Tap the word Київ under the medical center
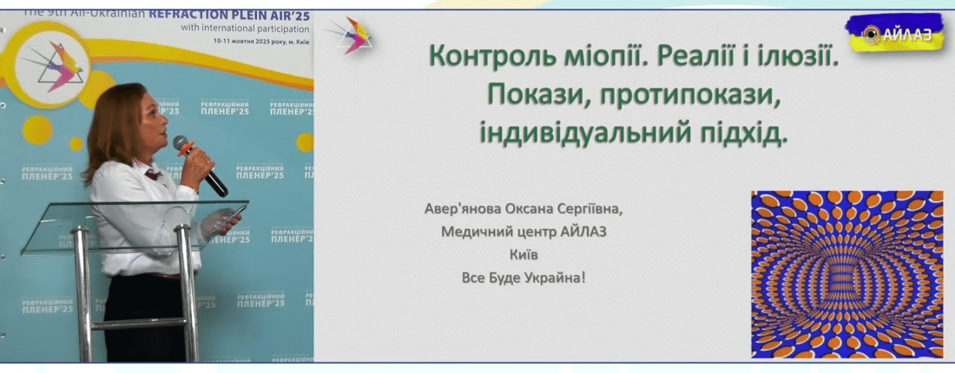(524, 255)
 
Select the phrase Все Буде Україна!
(524, 278)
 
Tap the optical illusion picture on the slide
(846, 274)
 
